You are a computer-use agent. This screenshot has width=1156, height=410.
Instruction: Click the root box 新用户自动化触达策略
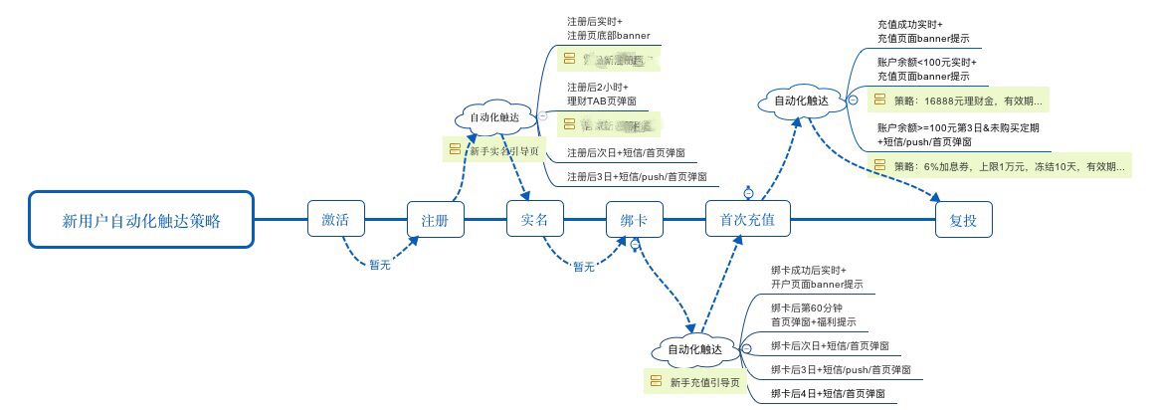coord(141,219)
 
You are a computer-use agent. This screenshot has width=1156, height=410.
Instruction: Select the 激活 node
coord(335,219)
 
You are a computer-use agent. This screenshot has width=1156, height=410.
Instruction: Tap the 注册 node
coord(436,219)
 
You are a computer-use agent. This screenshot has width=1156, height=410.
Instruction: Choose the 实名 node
coord(535,219)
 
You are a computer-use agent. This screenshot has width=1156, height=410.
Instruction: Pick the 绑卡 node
coord(635,219)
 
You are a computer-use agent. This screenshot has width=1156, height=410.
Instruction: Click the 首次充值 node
coord(747,219)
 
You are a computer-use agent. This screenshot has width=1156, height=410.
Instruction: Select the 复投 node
coord(963,219)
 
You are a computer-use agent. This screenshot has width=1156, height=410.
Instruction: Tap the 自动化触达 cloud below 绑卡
coord(694,349)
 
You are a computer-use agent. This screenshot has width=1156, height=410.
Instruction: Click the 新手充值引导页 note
coord(695,381)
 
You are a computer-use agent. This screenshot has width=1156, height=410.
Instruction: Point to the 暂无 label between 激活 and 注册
coord(379,265)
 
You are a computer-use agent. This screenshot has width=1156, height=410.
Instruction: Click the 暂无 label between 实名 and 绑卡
coord(583,266)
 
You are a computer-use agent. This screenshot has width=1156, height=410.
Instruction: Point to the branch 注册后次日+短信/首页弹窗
coord(625,153)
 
